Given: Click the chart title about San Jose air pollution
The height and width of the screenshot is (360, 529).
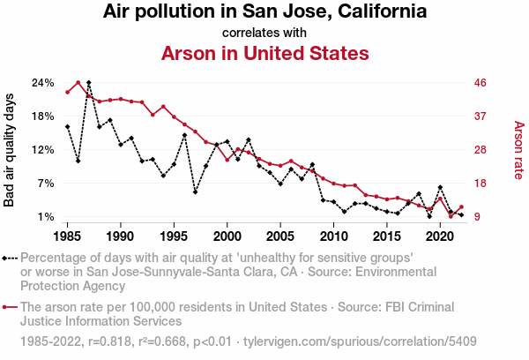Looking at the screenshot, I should [x=264, y=12].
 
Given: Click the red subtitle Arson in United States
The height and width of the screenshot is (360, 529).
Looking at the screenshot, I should [x=264, y=53].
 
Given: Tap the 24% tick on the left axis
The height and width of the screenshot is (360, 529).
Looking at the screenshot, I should [x=43, y=83].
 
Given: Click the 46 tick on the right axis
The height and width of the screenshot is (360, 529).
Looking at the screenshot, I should [x=481, y=83].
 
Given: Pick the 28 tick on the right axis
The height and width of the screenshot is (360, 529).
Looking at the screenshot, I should [x=481, y=150].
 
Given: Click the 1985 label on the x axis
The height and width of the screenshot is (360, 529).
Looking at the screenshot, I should [x=67, y=236].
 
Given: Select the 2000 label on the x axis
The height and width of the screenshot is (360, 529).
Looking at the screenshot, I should [x=227, y=236].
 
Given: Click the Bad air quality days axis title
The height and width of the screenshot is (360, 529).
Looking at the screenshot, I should [x=11, y=150].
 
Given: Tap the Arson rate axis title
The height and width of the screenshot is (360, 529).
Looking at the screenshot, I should [x=518, y=150].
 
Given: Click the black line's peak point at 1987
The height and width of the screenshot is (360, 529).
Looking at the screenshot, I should [x=88, y=83].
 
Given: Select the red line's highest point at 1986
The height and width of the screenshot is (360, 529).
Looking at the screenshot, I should [x=78, y=83].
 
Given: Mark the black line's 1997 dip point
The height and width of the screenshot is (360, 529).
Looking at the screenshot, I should [x=195, y=191].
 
